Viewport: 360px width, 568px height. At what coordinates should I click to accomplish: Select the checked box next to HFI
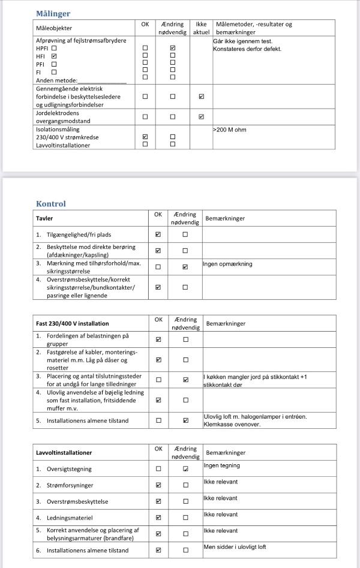point(54,55)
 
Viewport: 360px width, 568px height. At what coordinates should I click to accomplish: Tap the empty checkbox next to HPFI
point(54,47)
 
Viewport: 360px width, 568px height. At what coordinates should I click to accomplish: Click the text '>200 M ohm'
point(229,130)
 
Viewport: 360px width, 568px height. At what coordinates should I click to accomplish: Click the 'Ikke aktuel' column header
point(201,28)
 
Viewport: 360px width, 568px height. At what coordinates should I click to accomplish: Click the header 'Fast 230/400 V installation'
point(73,324)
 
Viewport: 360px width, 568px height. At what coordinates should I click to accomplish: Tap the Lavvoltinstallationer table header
point(67,451)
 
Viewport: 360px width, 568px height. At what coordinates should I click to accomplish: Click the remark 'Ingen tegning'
point(221,465)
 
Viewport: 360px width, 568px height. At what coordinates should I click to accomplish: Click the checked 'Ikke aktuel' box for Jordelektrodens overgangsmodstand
point(201,116)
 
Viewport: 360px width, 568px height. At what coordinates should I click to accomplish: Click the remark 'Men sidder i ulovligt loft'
point(235,547)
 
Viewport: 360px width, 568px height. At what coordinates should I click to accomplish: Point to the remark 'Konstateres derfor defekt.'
point(247,49)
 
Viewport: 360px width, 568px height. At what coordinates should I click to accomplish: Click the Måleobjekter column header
point(55,28)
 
